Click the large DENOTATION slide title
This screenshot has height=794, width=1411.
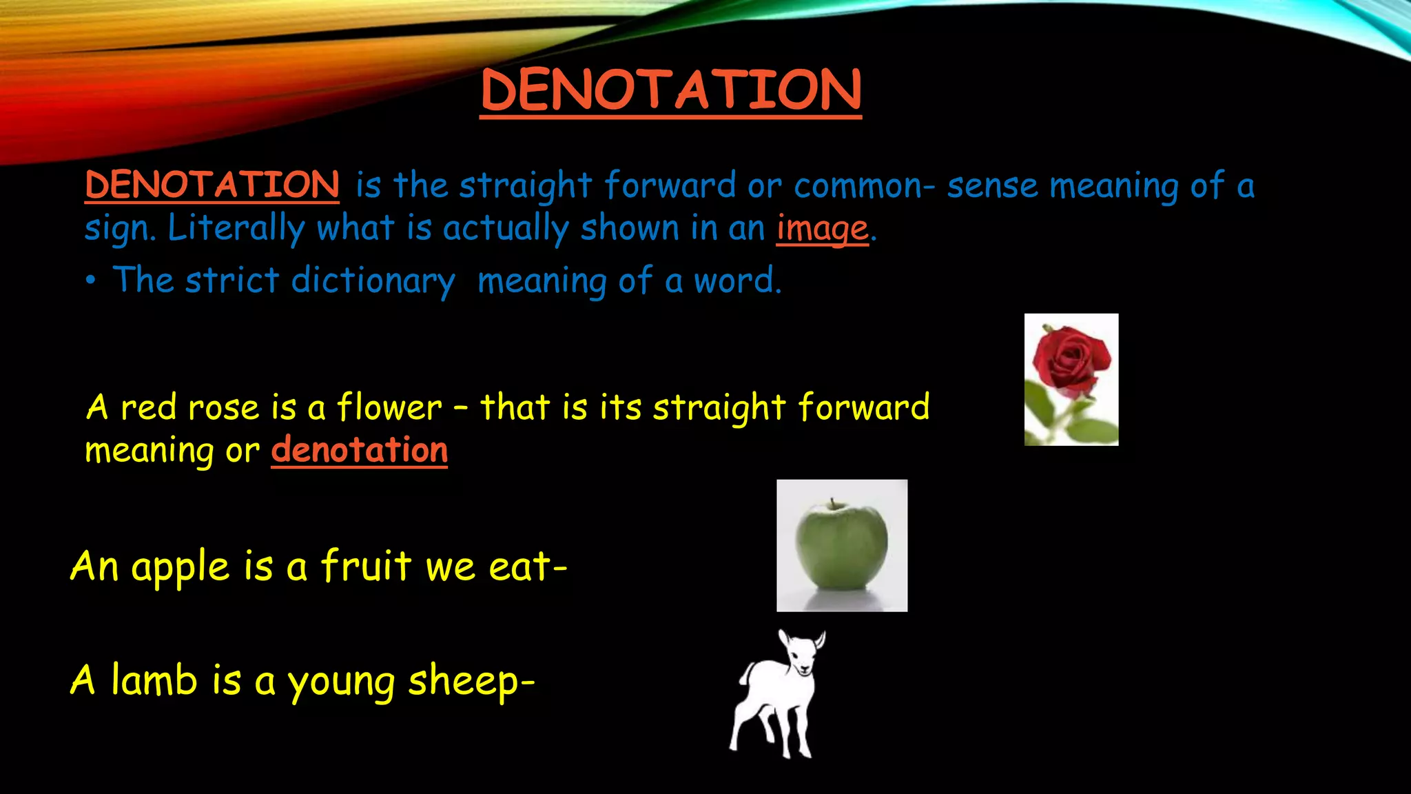pyautogui.click(x=670, y=90)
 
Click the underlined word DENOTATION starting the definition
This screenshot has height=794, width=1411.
pyautogui.click(x=212, y=185)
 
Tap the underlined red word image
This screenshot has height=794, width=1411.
pyautogui.click(x=822, y=229)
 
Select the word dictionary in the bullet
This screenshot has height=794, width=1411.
pyautogui.click(x=373, y=281)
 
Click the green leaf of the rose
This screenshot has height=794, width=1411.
pyautogui.click(x=1096, y=430)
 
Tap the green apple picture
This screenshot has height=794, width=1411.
pyautogui.click(x=841, y=546)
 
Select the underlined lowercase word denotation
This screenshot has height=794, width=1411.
pyautogui.click(x=359, y=450)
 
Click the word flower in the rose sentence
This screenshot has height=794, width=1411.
pyautogui.click(x=389, y=407)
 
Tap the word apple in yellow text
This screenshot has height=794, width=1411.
pyautogui.click(x=180, y=568)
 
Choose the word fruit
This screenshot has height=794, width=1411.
pyautogui.click(x=366, y=566)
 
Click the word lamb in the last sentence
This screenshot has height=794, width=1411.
pyautogui.click(x=154, y=680)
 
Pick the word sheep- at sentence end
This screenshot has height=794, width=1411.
pyautogui.click(x=471, y=682)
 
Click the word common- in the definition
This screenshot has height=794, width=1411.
pyautogui.click(x=864, y=186)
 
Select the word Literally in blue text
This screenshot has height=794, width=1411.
pyautogui.click(x=236, y=229)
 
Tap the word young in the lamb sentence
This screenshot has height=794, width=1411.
pyautogui.click(x=341, y=682)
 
